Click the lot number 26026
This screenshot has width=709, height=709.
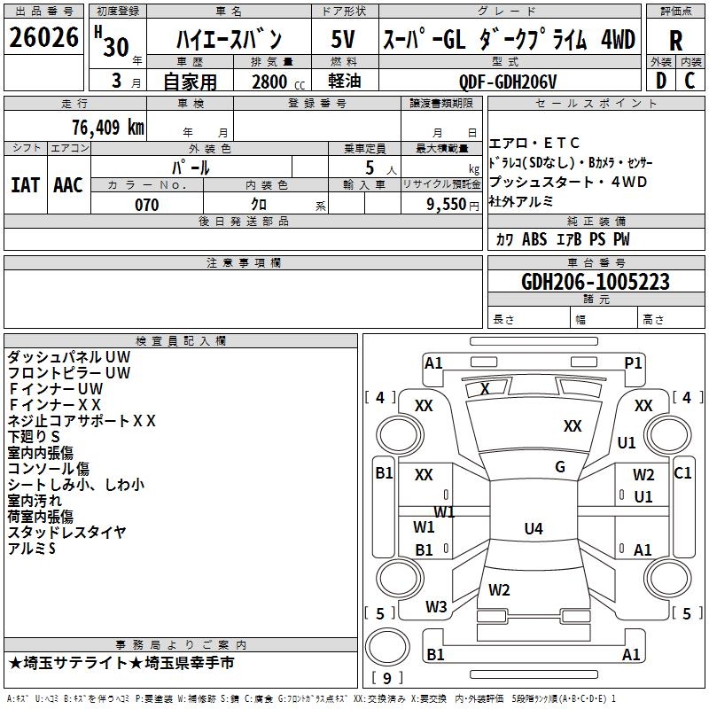43,37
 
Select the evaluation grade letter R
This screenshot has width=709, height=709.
675,41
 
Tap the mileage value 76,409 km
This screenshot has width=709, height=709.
108,127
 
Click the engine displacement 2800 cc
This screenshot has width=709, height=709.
278,82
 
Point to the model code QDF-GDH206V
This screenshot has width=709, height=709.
507,82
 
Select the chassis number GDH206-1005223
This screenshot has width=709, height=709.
596,282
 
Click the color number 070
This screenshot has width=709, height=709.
147,205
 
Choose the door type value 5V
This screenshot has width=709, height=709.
343,39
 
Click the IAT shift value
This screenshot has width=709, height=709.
25,185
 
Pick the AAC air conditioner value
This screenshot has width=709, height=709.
68,185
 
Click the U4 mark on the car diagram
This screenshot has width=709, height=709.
534,528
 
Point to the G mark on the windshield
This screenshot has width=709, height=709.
560,467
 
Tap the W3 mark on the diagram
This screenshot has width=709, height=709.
436,607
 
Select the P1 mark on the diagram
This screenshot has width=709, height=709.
633,363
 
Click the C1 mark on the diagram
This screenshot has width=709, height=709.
682,473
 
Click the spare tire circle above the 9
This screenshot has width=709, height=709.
387,647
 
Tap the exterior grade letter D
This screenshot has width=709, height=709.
661,81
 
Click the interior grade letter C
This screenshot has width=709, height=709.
690,81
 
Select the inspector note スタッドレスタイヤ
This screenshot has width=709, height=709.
67,533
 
